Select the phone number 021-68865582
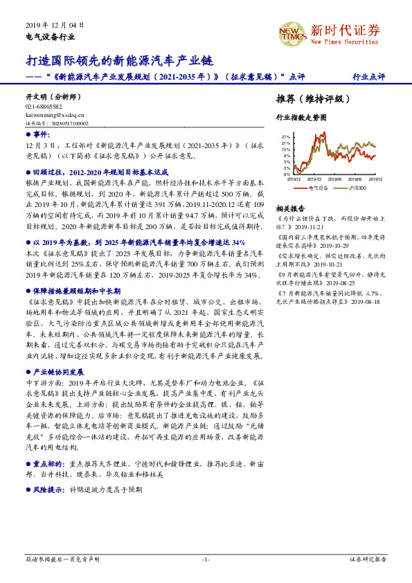pyautogui.click(x=44, y=107)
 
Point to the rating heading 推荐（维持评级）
pyautogui.click(x=309, y=98)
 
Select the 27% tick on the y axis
pyautogui.click(x=285, y=138)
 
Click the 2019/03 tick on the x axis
pyautogui.click(x=316, y=179)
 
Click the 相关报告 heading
pyautogui.click(x=290, y=208)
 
